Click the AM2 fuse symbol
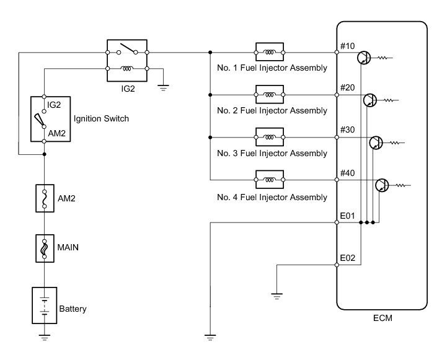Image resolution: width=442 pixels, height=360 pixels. pos(45,198)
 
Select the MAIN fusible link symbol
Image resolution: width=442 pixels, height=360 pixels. pos(45,248)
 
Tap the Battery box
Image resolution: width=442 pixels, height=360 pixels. pos(45,305)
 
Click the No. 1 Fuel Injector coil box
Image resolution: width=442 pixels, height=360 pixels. pos(270,52)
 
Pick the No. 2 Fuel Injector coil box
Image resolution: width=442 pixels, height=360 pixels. pos(270,95)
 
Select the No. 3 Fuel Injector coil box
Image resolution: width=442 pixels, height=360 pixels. pos(270,137)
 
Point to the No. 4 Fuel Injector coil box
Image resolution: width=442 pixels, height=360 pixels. pos(270,180)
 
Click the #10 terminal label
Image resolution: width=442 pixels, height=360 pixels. pos(347,46)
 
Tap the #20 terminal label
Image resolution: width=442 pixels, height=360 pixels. pos(347,87)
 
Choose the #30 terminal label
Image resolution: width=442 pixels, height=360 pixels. pos(347,130)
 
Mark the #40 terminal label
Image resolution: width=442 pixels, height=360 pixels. pos(347,173)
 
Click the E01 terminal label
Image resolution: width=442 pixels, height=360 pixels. pos(347,216)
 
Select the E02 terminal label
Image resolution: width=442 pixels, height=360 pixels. pos(347,258)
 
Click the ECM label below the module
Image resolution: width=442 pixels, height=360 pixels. pos(382,318)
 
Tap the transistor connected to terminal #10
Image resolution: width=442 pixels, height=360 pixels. pos(364,58)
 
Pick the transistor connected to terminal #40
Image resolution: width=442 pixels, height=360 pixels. pos(382,185)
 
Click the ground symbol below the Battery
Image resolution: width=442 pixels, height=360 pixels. pos(45,338)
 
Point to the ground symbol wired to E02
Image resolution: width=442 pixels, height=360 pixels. pos(276,296)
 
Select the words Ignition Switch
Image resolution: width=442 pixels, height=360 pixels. pos(101,118)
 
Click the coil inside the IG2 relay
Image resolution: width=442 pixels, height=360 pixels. pos(127,68)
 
